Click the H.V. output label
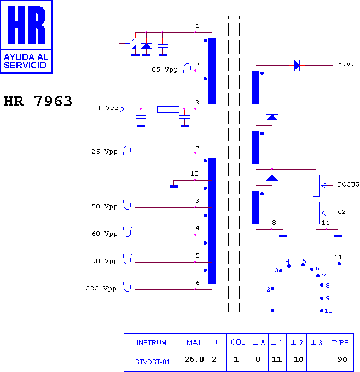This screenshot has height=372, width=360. click(x=346, y=64)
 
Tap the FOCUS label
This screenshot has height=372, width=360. click(x=348, y=184)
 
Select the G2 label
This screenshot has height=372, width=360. click(x=341, y=212)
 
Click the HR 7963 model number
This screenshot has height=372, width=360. click(x=38, y=101)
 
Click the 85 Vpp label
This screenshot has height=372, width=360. click(x=165, y=69)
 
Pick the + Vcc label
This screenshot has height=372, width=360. click(x=108, y=108)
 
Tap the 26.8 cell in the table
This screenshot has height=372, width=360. click(x=194, y=361)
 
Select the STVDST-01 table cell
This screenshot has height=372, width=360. click(x=152, y=361)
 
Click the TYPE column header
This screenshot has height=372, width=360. click(x=340, y=342)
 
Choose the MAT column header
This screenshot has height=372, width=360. click(x=194, y=342)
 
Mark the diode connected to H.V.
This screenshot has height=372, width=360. click(x=297, y=66)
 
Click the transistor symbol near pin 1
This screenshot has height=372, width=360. click(x=131, y=43)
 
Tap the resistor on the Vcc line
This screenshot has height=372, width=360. click(x=168, y=109)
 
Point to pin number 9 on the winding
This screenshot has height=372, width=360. click(x=197, y=146)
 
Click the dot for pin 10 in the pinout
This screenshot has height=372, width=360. click(x=322, y=311)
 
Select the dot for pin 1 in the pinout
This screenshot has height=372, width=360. click(x=272, y=311)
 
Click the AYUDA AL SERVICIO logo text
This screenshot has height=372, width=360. click(x=26, y=61)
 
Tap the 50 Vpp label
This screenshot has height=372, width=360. click(x=104, y=206)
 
